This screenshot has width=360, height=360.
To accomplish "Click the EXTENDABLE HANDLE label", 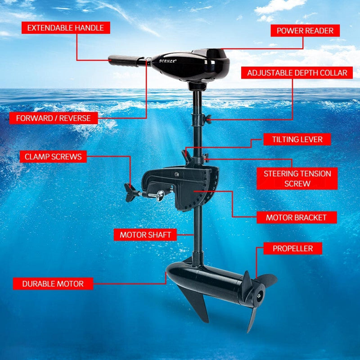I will pyautogui.click(x=65, y=28).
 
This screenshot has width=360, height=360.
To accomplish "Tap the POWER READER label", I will pyautogui.click(x=305, y=31).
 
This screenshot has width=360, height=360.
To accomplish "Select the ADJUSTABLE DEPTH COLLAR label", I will pyautogui.click(x=297, y=73).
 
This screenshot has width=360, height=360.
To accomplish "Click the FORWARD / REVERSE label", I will pyautogui.click(x=53, y=118).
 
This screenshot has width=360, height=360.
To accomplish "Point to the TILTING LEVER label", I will pyautogui.click(x=297, y=139).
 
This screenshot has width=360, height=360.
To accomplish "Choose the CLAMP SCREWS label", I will pyautogui.click(x=53, y=157).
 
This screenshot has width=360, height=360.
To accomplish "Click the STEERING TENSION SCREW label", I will pyautogui.click(x=297, y=179).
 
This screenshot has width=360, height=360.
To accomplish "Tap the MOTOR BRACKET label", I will pyautogui.click(x=296, y=217).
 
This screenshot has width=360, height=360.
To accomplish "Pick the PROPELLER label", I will pyautogui.click(x=292, y=248).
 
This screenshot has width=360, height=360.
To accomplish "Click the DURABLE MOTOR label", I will pyautogui.click(x=53, y=283).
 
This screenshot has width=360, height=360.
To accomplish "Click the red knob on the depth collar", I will pyautogui.click(x=207, y=118).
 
